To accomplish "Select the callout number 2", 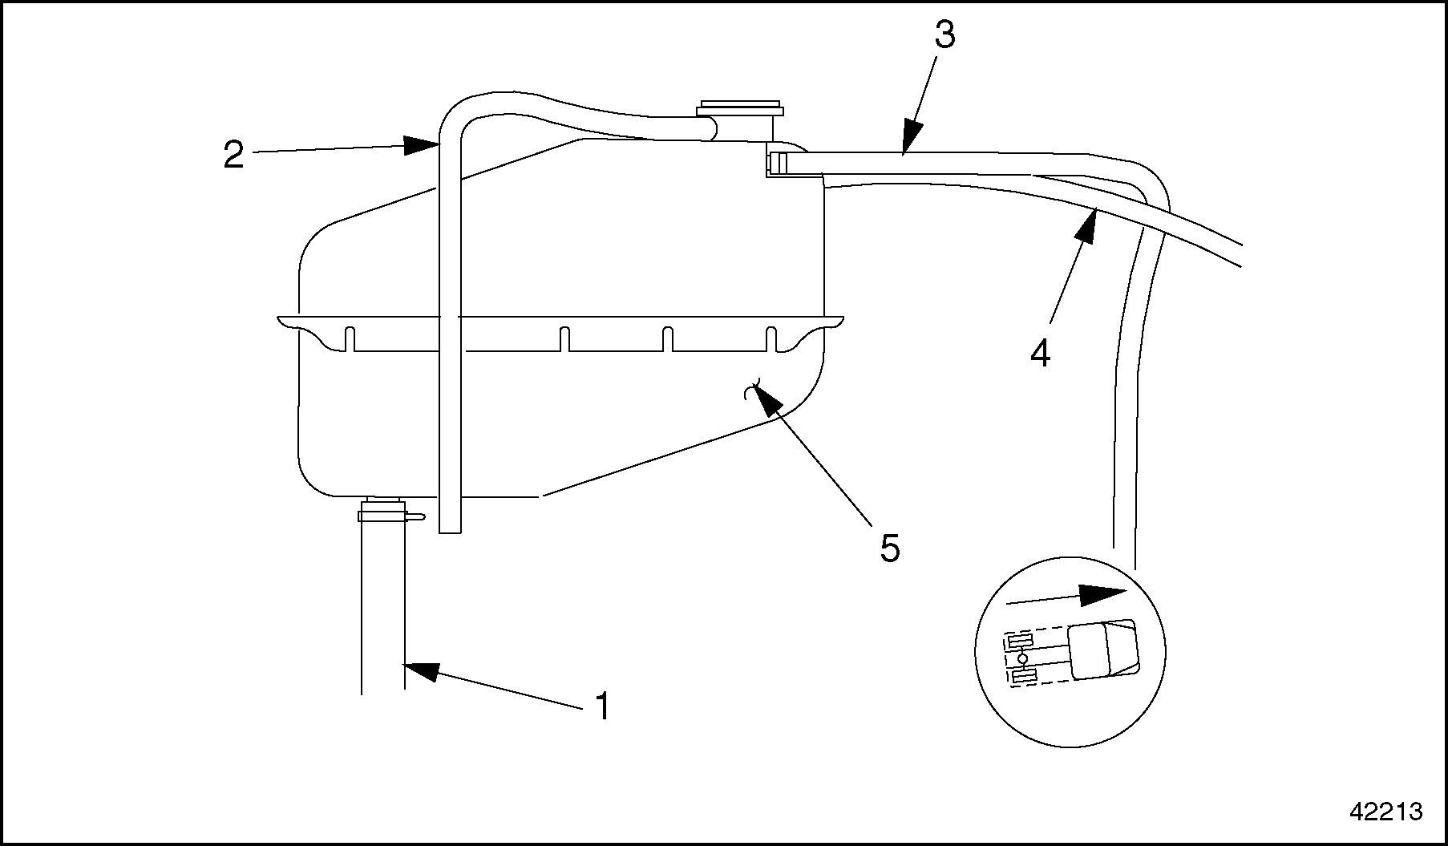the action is coord(233,153).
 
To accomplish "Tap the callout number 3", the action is coord(944,35).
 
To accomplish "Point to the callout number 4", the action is coord(1040,354).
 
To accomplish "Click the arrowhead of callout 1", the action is coord(422,670).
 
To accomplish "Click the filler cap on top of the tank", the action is coord(740,109).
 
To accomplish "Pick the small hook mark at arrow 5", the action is coord(751,391).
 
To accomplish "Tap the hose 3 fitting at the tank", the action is coord(778,163).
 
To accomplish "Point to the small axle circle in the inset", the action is coord(1022,658).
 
